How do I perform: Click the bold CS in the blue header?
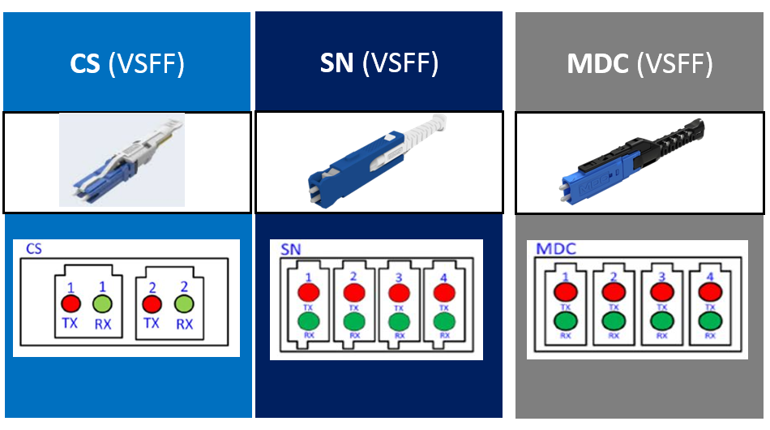84,64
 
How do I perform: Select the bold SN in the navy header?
336,62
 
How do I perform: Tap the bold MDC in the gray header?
597,64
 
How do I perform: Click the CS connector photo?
122,160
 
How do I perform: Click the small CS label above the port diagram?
33,249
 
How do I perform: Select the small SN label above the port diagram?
290,249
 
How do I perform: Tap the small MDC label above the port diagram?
555,248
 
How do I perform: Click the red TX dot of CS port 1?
71,304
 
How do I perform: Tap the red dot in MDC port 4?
710,292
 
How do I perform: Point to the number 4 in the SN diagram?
443,277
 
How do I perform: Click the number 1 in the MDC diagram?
565,277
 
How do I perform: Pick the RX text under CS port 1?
104,323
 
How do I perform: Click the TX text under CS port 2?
151,323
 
